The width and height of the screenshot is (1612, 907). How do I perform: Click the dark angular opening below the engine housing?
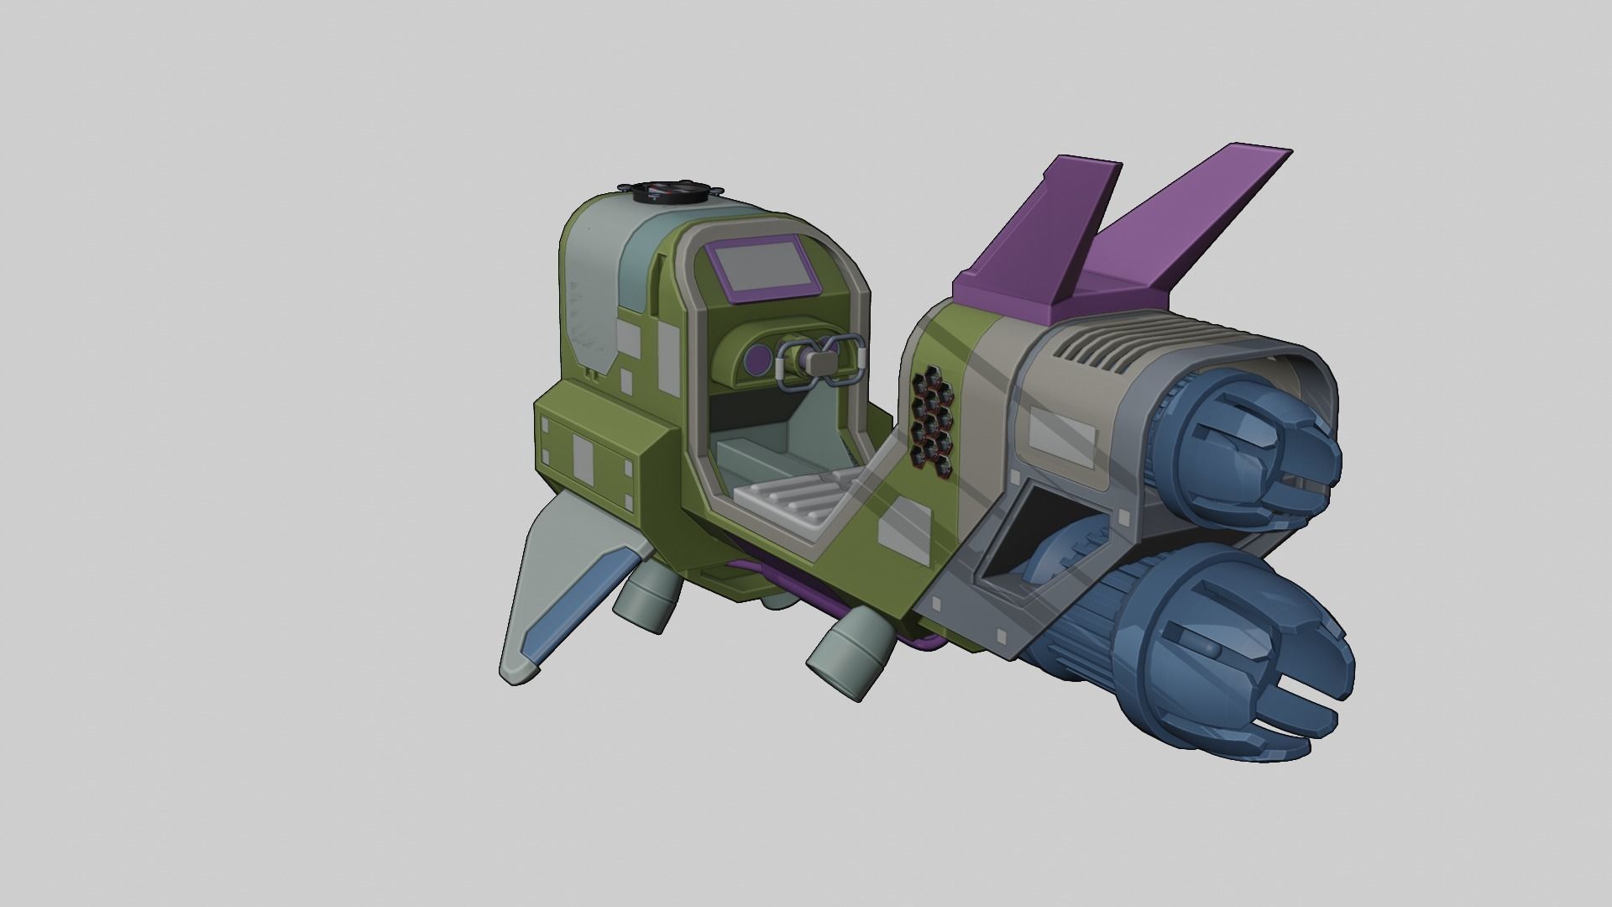[1028, 537]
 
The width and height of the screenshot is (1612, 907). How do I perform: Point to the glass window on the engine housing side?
[1062, 433]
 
